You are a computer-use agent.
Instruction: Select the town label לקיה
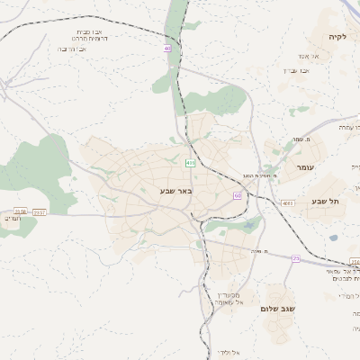337,37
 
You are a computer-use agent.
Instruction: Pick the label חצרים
10,219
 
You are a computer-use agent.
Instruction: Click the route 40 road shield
167,48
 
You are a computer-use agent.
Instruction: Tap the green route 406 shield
190,163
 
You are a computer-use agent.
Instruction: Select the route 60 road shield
237,194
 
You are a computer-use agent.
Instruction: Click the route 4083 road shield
287,204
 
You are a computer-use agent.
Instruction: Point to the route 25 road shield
295,258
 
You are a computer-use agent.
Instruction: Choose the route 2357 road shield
40,211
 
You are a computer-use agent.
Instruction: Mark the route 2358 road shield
20,211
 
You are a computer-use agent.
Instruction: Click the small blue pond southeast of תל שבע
334,238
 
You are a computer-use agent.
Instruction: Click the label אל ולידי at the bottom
227,351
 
